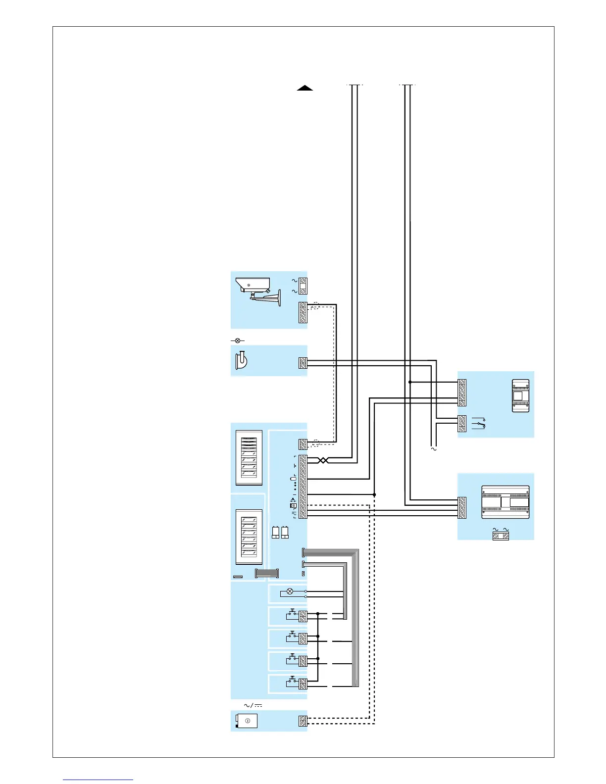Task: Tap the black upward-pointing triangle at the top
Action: pyautogui.click(x=305, y=88)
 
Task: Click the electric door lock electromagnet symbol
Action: pyautogui.click(x=241, y=360)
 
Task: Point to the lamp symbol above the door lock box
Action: pyautogui.click(x=238, y=341)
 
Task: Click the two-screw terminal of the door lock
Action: pyautogui.click(x=303, y=363)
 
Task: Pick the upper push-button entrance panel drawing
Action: pyautogui.click(x=249, y=457)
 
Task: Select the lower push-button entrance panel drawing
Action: pyautogui.click(x=249, y=537)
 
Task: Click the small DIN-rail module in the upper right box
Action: pyautogui.click(x=520, y=395)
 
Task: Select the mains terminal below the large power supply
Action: pyautogui.click(x=501, y=536)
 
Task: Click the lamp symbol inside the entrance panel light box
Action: pyautogui.click(x=290, y=591)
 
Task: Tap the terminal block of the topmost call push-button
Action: pyautogui.click(x=303, y=616)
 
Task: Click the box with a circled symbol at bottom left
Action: pyautogui.click(x=247, y=721)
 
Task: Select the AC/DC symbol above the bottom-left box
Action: pyautogui.click(x=253, y=705)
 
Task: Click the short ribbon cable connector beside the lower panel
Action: pyautogui.click(x=266, y=573)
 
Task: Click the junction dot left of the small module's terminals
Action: pyautogui.click(x=410, y=382)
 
